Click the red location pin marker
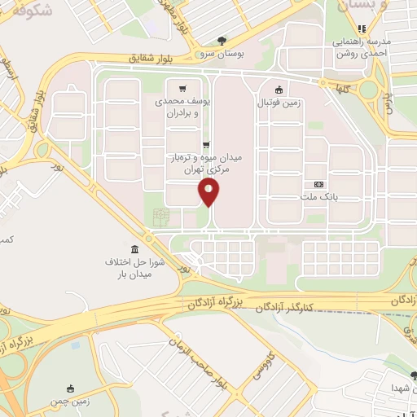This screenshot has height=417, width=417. tap(209, 191)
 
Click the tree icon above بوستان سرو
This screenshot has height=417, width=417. tap(222, 40)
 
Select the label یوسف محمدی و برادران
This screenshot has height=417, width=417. tap(183, 108)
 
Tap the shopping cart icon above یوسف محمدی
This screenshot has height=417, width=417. tap(183, 90)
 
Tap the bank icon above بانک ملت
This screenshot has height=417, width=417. tap(318, 185)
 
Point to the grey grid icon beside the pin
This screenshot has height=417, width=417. tap(160, 217)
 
